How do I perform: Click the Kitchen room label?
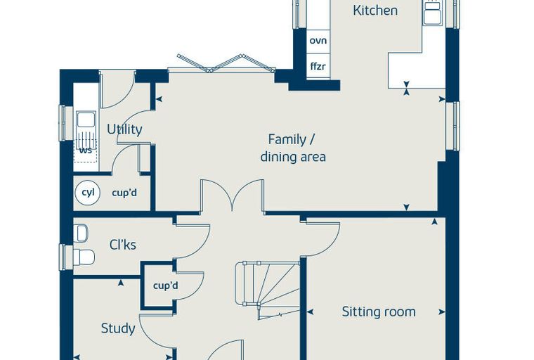point(375,11)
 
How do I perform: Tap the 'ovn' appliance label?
point(318,41)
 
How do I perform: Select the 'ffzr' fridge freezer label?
point(318,66)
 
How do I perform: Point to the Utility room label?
point(124,129)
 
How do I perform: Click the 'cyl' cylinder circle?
point(88,193)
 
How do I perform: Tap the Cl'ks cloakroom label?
point(122,245)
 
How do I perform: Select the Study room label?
point(118,328)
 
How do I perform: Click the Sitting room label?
point(379,311)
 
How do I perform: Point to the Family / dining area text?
point(293,148)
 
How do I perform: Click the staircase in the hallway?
point(268,290)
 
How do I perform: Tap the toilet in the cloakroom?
point(84,257)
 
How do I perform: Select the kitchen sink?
point(433,13)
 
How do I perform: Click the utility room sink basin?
point(86,120)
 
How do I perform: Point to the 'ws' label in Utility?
point(86,150)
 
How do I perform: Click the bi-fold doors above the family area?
point(226,63)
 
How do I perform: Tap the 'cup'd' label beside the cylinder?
point(124,193)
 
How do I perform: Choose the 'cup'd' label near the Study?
point(166,285)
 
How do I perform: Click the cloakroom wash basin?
point(81,233)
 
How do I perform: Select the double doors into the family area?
point(232,195)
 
